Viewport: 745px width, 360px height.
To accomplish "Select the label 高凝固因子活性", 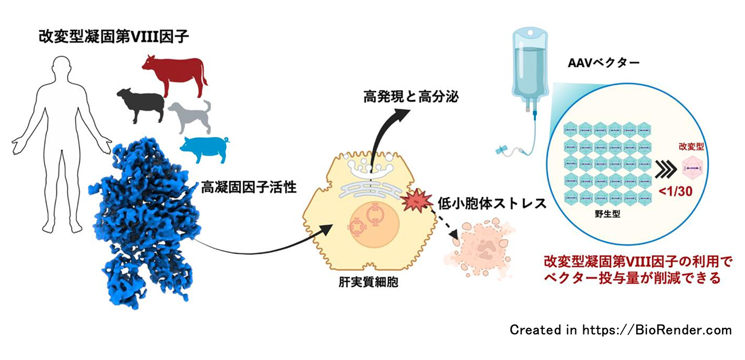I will (x=249, y=187).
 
